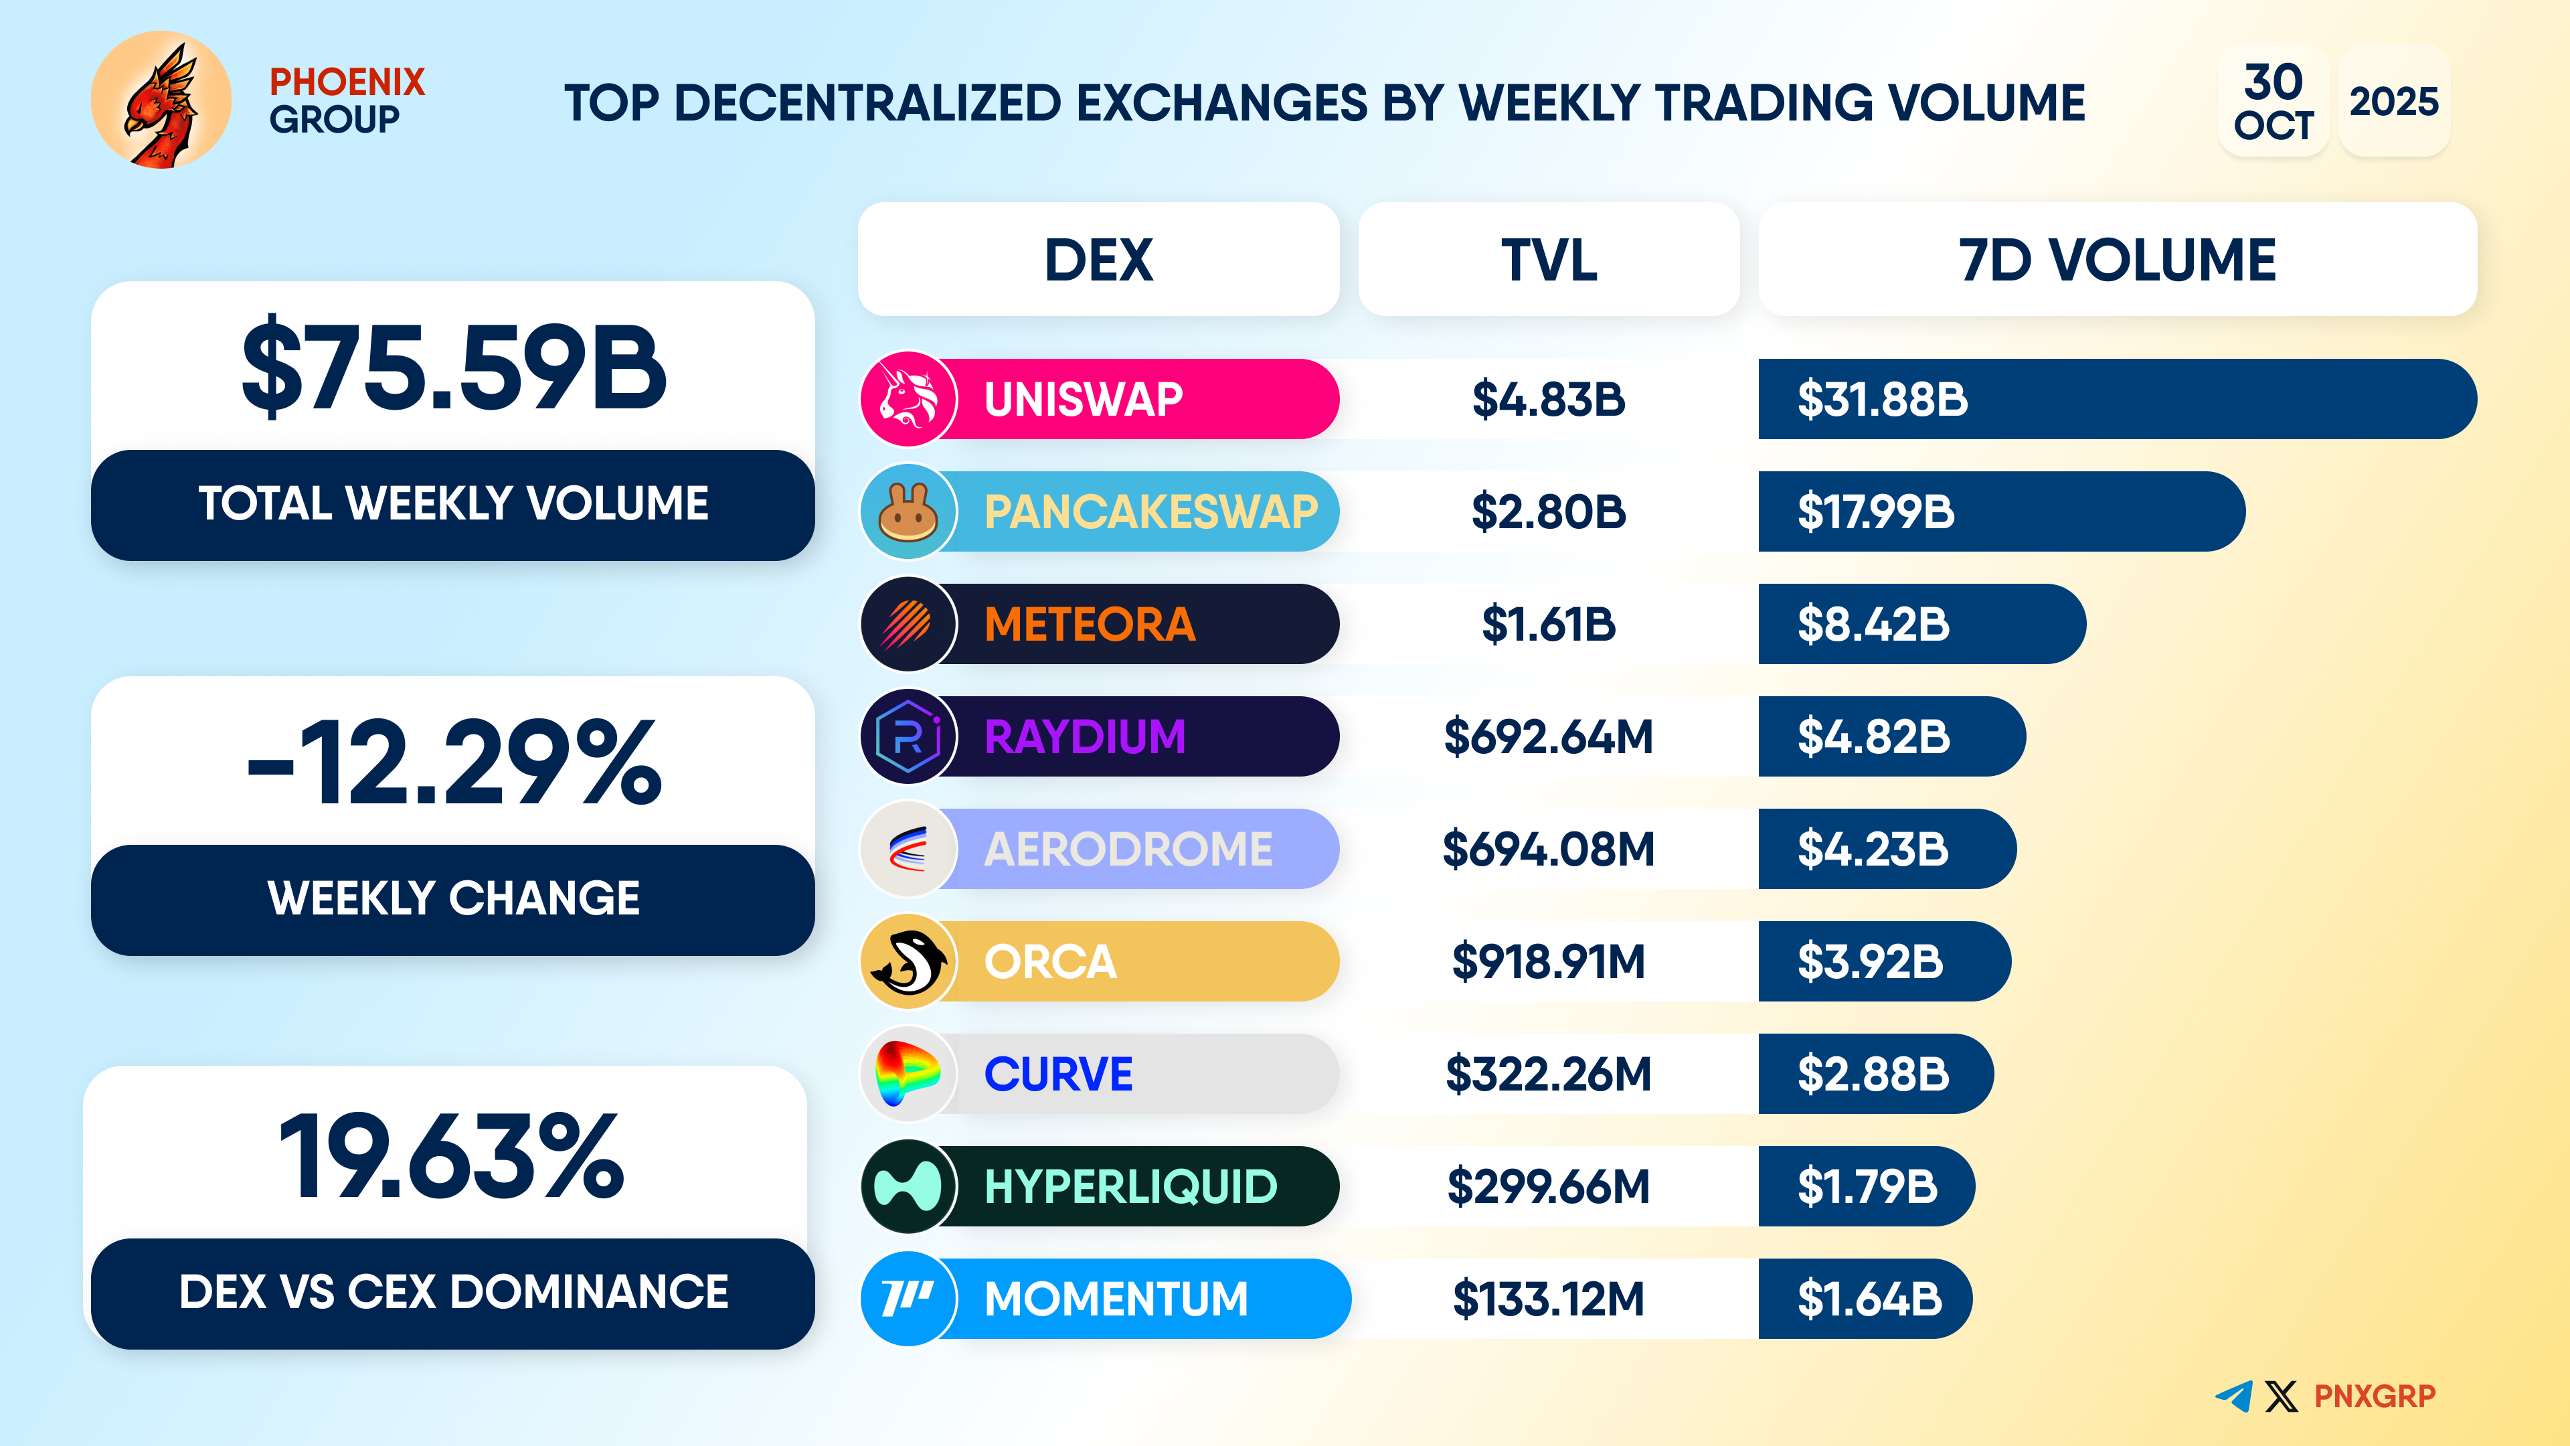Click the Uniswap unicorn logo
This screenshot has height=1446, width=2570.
click(x=908, y=399)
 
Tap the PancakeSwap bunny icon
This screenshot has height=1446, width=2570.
click(x=908, y=512)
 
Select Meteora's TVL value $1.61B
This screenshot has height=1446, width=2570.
click(x=1549, y=625)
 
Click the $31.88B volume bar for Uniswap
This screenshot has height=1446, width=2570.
click(x=2115, y=399)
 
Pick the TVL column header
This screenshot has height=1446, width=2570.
click(x=1549, y=260)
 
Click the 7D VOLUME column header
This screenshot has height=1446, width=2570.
click(x=2117, y=260)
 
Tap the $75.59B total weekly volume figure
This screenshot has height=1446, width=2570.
click(x=454, y=368)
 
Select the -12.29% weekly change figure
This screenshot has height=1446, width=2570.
click(x=454, y=763)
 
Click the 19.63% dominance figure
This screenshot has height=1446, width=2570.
click(x=452, y=1157)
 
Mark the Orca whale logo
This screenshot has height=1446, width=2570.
click(x=908, y=962)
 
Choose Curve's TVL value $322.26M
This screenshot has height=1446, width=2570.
click(x=1549, y=1074)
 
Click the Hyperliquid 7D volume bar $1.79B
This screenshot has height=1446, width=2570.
click(x=1866, y=1186)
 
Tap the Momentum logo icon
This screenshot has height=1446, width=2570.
click(x=908, y=1298)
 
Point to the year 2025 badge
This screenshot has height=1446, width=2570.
click(x=2393, y=101)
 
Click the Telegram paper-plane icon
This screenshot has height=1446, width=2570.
click(x=2234, y=1395)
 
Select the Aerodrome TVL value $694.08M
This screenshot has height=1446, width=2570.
click(x=1549, y=850)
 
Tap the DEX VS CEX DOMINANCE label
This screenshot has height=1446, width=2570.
click(x=453, y=1292)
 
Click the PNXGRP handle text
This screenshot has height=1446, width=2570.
click(x=2375, y=1395)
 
